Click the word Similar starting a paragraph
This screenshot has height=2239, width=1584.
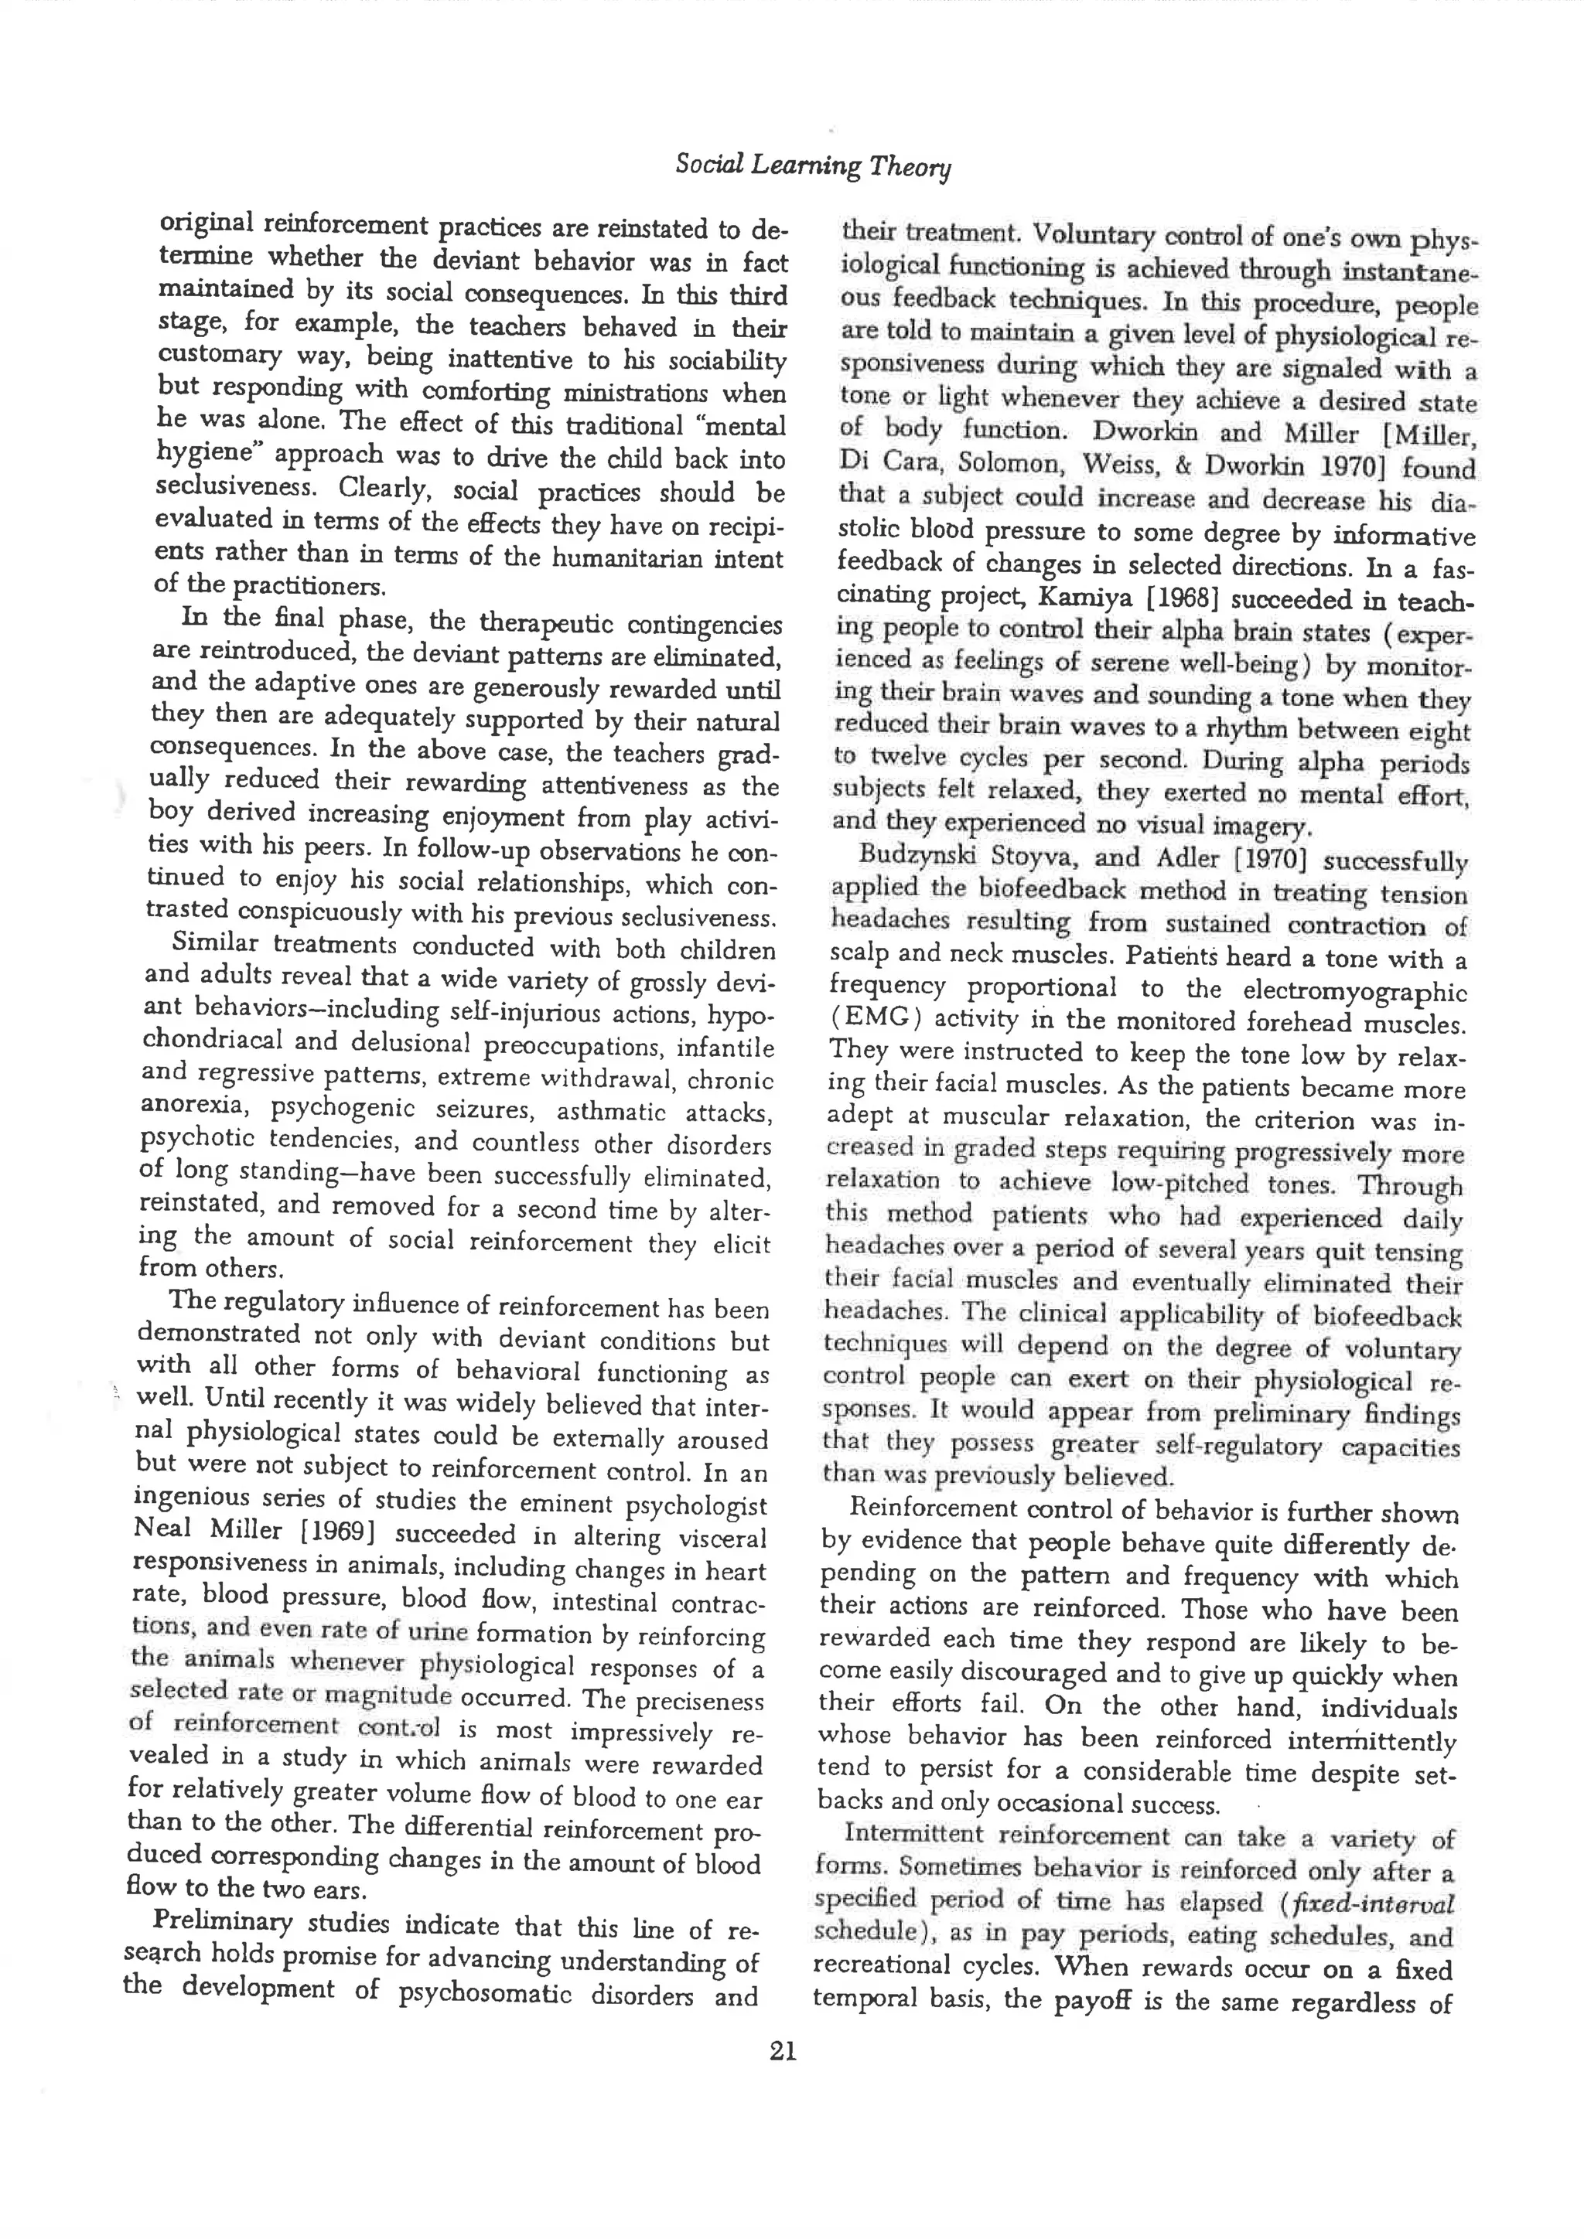click(213, 943)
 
